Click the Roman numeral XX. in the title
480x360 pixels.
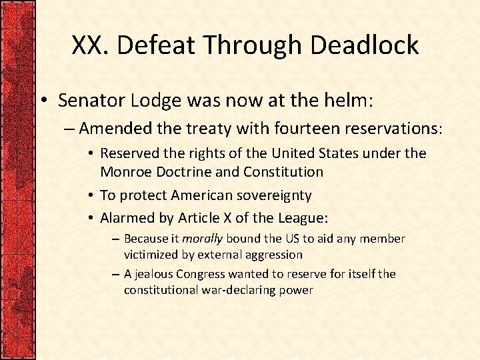click(90, 45)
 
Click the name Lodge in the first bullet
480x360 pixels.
click(155, 101)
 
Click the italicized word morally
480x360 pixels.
click(203, 239)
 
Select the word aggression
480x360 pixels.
click(273, 254)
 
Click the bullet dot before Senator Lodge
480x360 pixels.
click(42, 102)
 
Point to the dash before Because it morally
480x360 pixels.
click(116, 239)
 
